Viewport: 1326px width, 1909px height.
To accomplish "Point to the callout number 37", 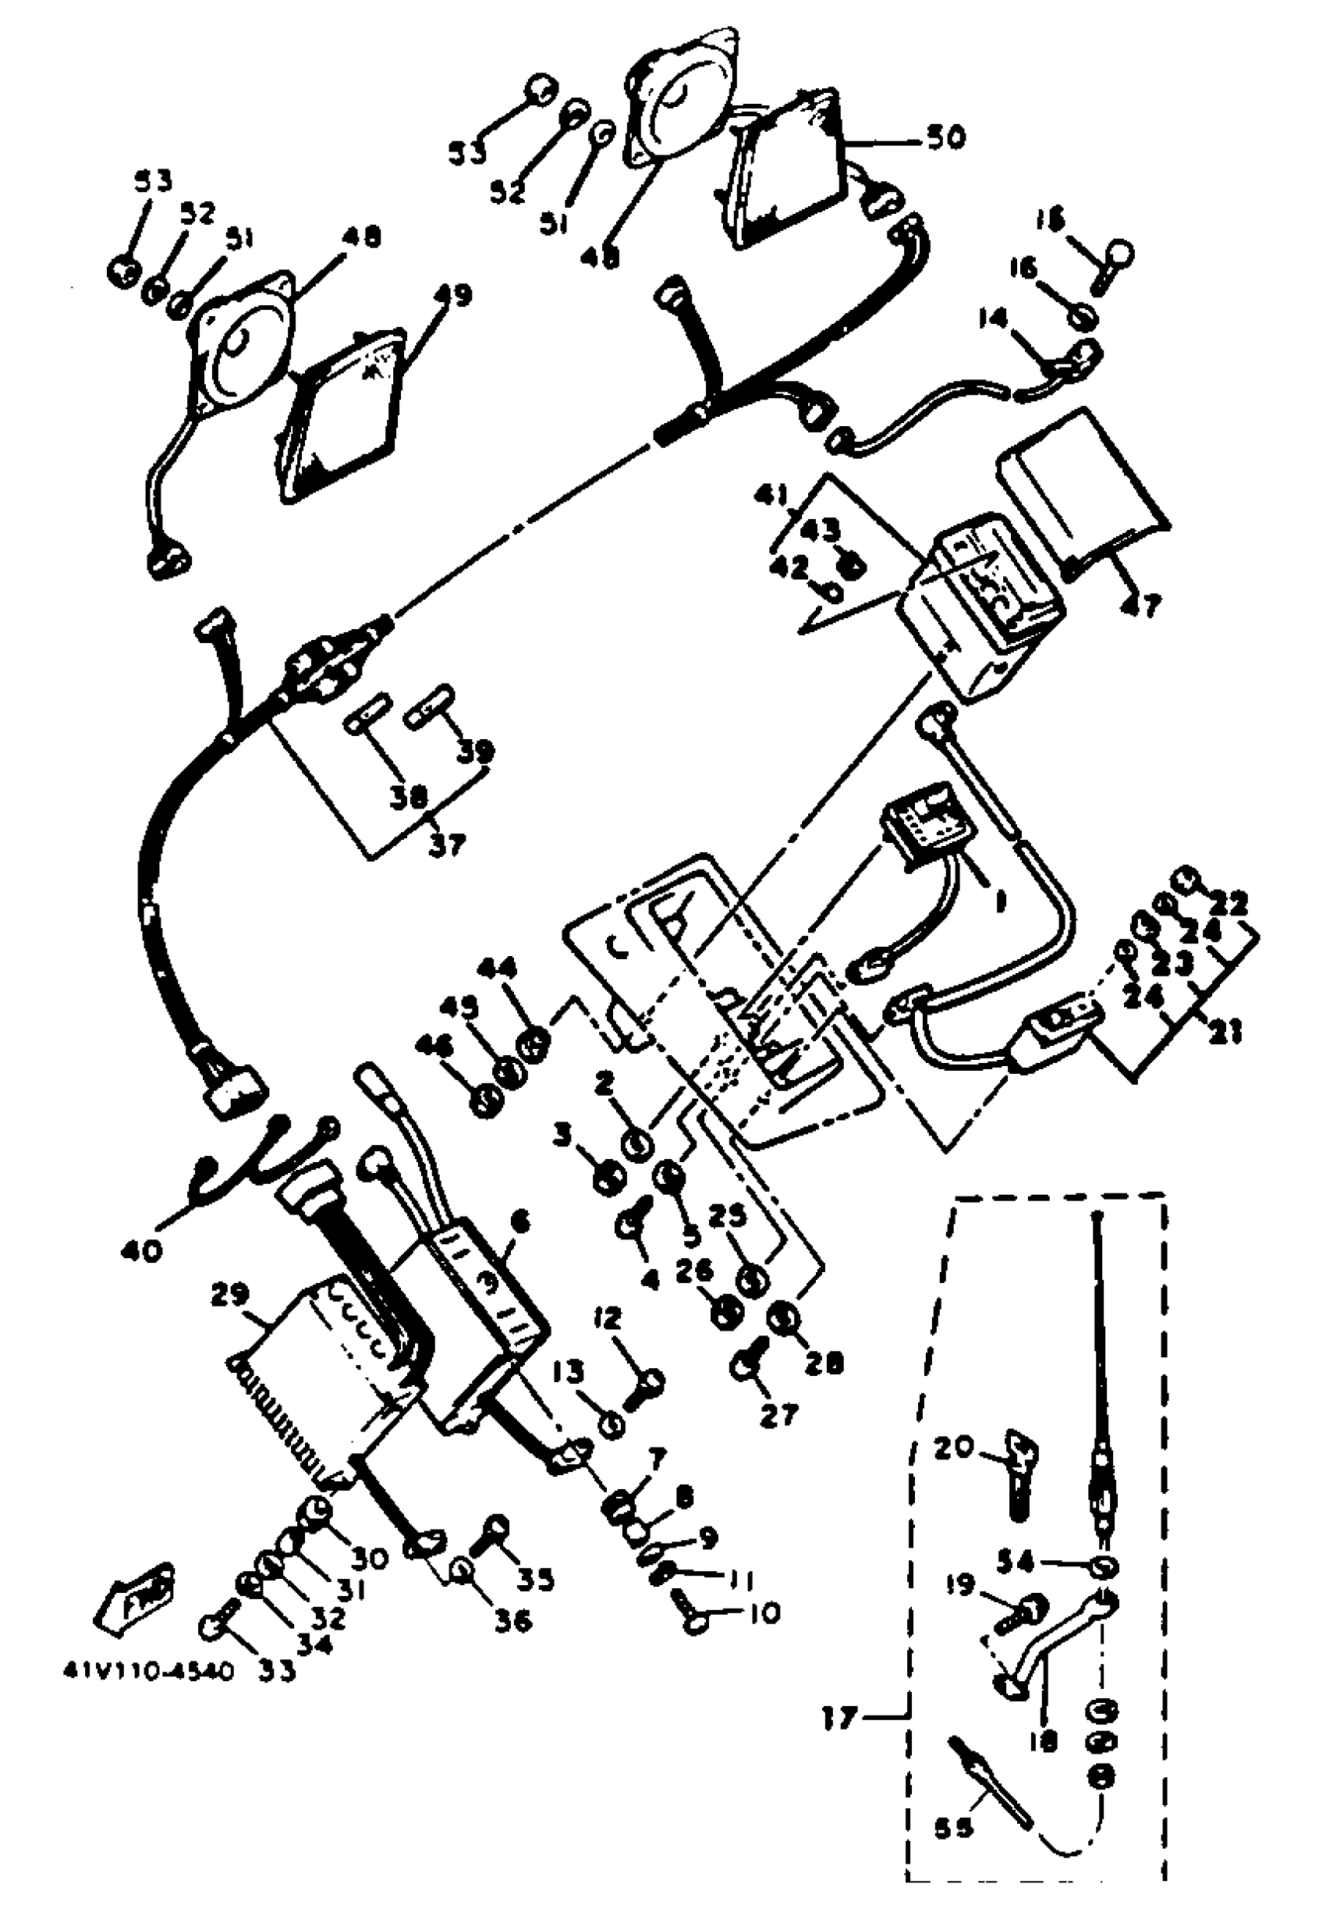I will tap(448, 845).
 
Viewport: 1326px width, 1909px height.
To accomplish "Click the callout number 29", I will tap(242, 1296).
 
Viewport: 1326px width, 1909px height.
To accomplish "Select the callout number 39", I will tap(476, 751).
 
